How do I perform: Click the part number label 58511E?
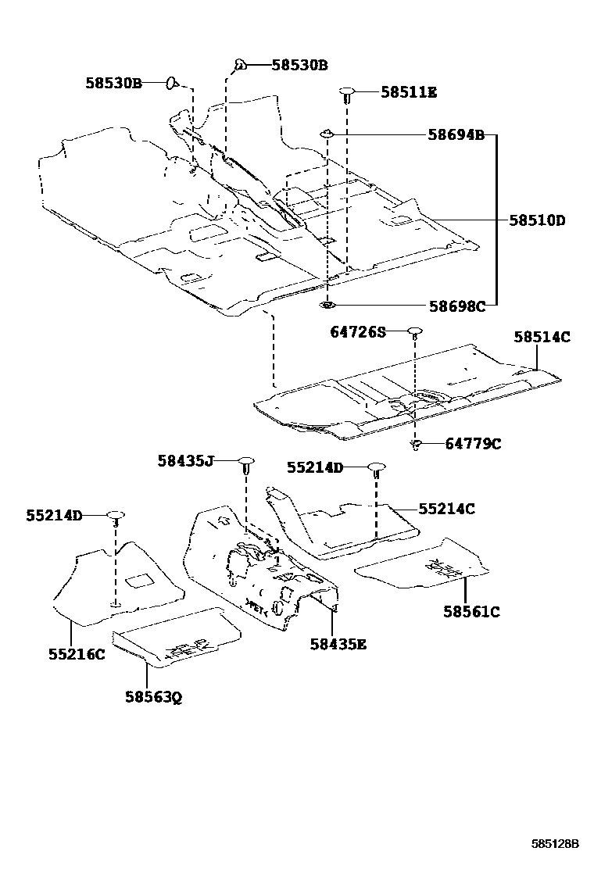[x=409, y=92]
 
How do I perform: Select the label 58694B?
[x=456, y=135]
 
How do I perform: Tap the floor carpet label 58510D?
[x=537, y=220]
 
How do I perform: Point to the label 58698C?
[x=456, y=306]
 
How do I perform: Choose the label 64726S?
[x=358, y=333]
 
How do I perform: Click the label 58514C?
[x=542, y=338]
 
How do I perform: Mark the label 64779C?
[x=473, y=444]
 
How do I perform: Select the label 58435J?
[x=185, y=461]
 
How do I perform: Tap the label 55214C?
[x=446, y=509]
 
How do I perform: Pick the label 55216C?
[x=76, y=654]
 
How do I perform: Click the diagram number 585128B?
[x=555, y=844]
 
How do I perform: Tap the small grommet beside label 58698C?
[x=327, y=305]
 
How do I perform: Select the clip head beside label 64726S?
[x=414, y=333]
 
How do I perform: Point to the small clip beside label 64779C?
[x=417, y=445]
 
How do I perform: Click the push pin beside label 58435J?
[x=245, y=463]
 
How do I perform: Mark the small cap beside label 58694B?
[x=327, y=136]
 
